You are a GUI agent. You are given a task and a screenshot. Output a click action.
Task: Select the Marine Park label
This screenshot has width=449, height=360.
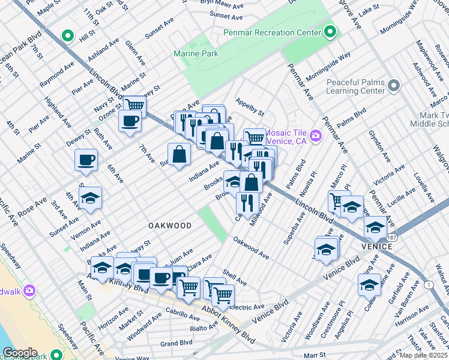(x=195, y=53)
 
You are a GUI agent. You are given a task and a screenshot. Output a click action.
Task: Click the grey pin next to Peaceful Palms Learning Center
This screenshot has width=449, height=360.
(x=394, y=86)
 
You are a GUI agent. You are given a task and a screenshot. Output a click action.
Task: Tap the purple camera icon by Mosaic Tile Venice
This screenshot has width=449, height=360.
(x=316, y=136)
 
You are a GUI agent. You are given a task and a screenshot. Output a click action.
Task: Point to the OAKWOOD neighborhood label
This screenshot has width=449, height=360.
(x=170, y=226)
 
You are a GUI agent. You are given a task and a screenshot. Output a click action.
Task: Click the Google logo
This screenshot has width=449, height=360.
(x=19, y=353)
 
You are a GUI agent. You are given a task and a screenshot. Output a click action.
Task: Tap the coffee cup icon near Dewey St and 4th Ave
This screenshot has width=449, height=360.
(x=86, y=160)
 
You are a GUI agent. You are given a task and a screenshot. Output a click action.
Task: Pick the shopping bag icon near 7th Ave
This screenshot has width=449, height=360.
(x=179, y=155)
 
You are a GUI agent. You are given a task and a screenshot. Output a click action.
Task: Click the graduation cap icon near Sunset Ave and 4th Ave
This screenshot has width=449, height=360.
(x=90, y=199)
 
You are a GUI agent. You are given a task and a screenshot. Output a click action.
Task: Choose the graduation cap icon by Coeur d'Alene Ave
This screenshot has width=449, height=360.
(x=370, y=285)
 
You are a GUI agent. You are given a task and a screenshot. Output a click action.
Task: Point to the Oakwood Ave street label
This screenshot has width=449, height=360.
(x=251, y=248)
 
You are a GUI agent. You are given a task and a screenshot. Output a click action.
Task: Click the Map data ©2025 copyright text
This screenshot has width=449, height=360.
(x=424, y=355)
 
